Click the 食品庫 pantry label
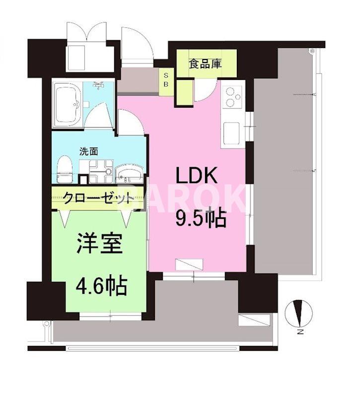[x=205, y=64]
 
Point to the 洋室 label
[x=99, y=244]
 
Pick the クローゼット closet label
[x=98, y=199]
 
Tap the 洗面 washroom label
[x=89, y=151]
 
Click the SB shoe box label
[x=166, y=79]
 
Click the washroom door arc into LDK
[x=130, y=123]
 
